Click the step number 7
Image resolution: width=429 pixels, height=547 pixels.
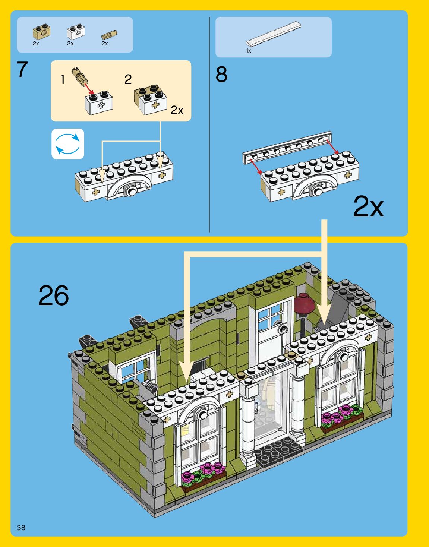pyautogui.click(x=22, y=70)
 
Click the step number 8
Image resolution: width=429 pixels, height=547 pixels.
pyautogui.click(x=221, y=75)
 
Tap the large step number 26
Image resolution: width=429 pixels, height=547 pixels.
pyautogui.click(x=54, y=295)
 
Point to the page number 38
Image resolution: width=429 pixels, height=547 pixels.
pyautogui.click(x=21, y=528)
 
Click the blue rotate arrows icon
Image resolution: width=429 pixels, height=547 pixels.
pyautogui.click(x=67, y=144)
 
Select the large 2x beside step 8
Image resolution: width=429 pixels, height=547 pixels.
pyautogui.click(x=368, y=206)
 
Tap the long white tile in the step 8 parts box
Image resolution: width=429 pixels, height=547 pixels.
pyautogui.click(x=273, y=34)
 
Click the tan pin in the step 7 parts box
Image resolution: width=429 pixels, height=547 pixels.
pyautogui.click(x=109, y=35)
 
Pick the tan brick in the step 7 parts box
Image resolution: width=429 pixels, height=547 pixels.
pyautogui.click(x=41, y=32)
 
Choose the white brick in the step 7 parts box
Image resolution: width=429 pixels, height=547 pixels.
pyautogui.click(x=76, y=32)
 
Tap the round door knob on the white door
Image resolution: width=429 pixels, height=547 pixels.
pyautogui.click(x=284, y=329)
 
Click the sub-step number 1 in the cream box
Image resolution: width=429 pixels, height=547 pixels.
pyautogui.click(x=63, y=79)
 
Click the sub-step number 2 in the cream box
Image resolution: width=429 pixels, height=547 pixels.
pyautogui.click(x=128, y=79)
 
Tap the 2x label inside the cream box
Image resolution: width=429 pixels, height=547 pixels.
pyautogui.click(x=177, y=110)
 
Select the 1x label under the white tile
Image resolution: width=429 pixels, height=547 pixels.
pyautogui.click(x=249, y=51)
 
